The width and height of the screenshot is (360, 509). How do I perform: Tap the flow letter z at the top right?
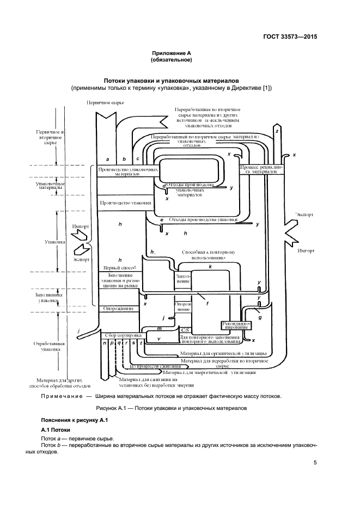click(277, 132)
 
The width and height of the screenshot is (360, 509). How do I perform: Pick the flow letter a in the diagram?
click(108, 159)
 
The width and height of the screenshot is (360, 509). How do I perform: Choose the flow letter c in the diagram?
click(138, 158)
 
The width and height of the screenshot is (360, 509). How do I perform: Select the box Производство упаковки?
click(125, 203)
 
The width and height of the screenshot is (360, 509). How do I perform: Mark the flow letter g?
click(260, 317)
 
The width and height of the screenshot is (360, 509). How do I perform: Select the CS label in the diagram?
click(185, 330)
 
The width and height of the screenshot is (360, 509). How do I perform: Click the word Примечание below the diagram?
click(65, 396)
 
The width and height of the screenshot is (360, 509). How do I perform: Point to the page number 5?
click(315, 463)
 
